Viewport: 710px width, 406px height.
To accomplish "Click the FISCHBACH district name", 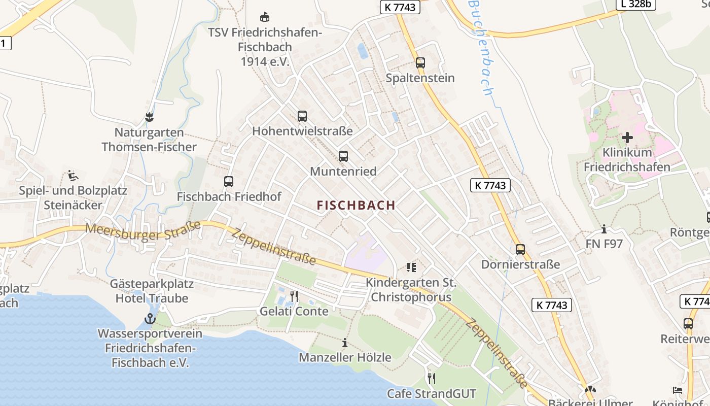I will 356,205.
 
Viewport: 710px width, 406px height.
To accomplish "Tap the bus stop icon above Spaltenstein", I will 420,63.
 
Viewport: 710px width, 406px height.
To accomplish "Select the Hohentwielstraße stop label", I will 302,131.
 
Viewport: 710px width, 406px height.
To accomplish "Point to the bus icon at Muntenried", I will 343,156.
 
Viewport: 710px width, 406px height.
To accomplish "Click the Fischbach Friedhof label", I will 229,196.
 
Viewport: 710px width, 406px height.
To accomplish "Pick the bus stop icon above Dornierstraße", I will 520,250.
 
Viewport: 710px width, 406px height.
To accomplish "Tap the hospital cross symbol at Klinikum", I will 627,138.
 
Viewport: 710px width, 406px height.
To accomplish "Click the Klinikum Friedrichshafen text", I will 627,160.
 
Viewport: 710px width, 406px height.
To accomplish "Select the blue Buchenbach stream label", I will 481,48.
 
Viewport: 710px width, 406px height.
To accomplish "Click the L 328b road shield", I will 636,4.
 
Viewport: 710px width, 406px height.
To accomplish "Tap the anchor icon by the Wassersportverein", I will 150,319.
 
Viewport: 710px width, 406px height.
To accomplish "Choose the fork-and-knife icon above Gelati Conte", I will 294,296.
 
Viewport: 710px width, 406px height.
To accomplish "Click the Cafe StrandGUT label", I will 432,393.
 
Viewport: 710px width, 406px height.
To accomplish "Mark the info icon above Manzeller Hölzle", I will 345,343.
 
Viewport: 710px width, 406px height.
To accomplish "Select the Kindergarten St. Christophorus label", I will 411,290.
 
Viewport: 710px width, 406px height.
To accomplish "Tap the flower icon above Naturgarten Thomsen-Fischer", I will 149,118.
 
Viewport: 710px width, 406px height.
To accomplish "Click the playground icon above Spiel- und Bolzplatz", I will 73,176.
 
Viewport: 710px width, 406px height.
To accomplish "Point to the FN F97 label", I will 604,244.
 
